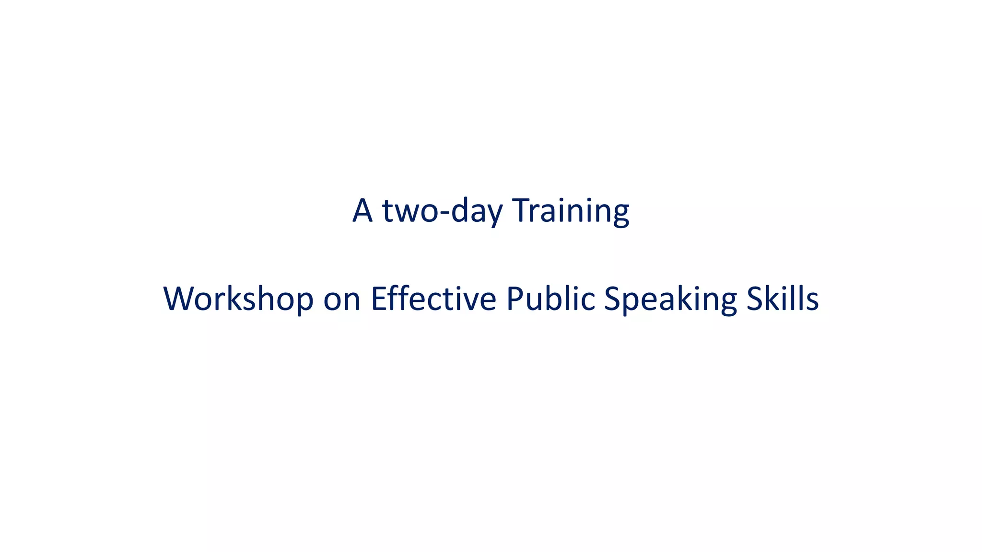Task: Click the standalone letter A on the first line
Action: (x=362, y=210)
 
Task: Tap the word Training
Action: (x=571, y=211)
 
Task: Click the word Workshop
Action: (x=238, y=299)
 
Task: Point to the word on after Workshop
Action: (x=342, y=300)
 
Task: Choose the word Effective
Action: (x=433, y=299)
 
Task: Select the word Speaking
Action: (x=670, y=300)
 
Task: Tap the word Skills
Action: (x=783, y=299)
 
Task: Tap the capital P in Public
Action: (x=515, y=299)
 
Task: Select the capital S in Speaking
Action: (x=613, y=299)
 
